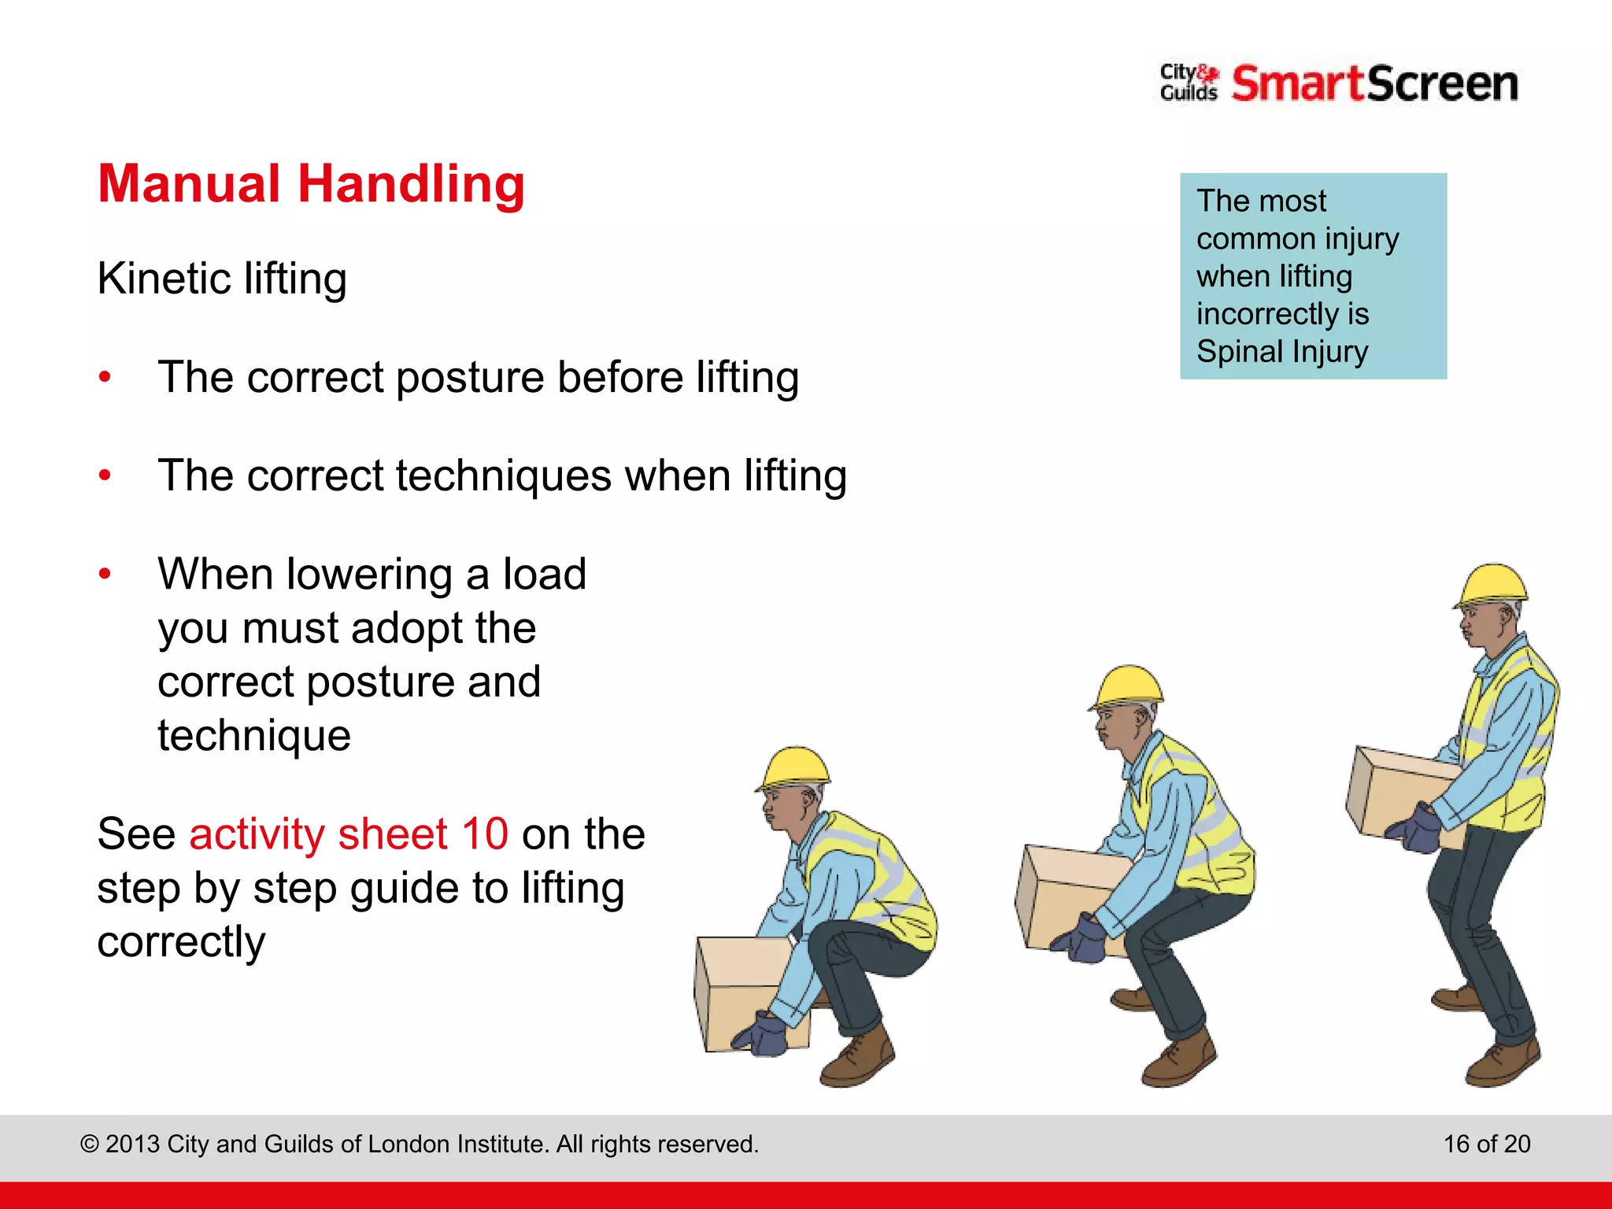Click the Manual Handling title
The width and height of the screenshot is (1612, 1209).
pos(311,184)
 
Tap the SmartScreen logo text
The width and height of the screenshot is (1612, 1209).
pos(1374,83)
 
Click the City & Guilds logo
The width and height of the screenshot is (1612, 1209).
pos(1189,83)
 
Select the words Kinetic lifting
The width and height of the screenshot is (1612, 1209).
pos(222,279)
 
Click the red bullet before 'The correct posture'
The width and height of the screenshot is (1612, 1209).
pos(105,377)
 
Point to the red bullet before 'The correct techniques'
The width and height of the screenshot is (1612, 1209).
pos(105,475)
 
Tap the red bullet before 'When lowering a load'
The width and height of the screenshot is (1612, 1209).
pos(105,574)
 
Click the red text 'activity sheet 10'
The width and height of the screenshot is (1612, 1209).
pos(349,834)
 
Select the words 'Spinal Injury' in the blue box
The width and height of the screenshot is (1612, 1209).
pos(1282,351)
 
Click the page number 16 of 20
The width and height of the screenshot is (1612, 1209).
pos(1486,1144)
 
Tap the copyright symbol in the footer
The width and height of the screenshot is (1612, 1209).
pos(90,1144)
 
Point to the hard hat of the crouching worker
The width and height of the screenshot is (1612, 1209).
pos(795,767)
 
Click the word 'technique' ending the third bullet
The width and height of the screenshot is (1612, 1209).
pos(254,736)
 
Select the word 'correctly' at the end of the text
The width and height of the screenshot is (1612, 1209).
pos(181,942)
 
